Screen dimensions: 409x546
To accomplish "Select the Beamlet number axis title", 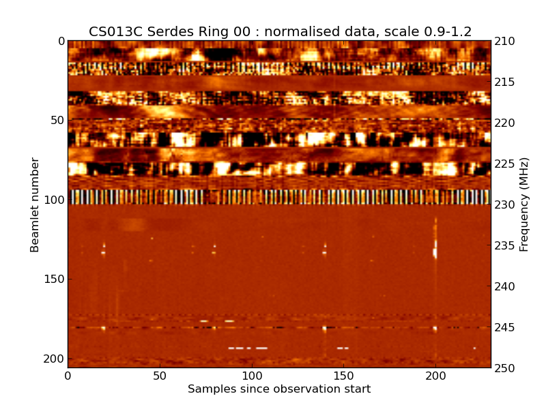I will click(35, 204).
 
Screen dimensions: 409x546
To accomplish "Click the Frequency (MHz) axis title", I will click(524, 204).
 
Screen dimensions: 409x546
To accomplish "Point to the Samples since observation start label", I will click(279, 389).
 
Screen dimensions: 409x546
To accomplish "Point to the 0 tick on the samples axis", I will click(68, 376).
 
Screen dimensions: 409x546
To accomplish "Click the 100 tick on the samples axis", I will click(252, 376).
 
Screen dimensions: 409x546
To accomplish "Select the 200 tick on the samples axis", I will click(435, 376).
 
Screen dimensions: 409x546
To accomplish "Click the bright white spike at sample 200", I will click(435, 251).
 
